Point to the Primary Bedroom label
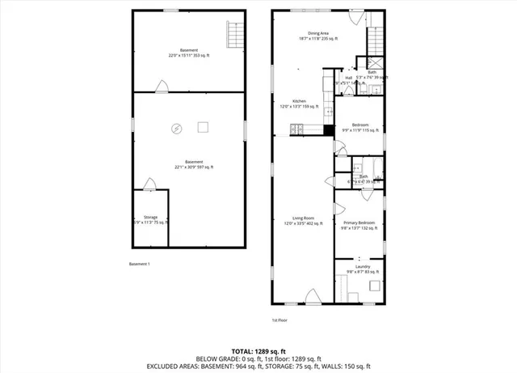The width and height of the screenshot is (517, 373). coord(359,225)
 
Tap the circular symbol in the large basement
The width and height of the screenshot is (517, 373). coord(177,127)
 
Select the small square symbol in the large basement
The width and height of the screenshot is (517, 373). coord(203,126)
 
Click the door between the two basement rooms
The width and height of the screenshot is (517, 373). coord(162,87)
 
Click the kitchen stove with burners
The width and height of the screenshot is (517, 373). coord(298,128)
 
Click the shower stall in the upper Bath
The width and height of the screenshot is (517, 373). coord(376,64)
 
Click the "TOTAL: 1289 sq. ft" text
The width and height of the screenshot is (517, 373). coord(258,350)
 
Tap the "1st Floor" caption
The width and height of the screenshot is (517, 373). coord(279,320)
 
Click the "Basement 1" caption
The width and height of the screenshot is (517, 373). coord(140,264)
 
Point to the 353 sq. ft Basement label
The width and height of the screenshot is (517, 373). coord(188,53)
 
